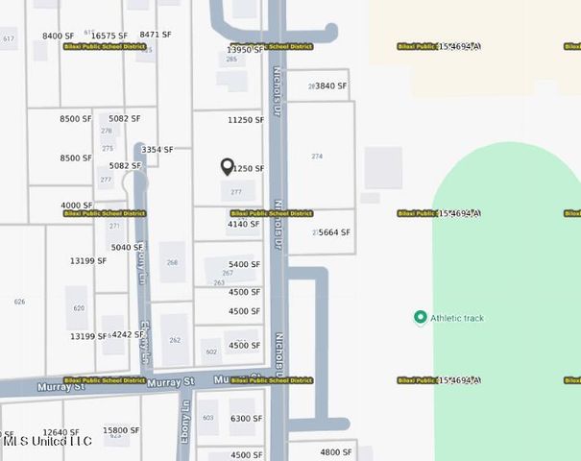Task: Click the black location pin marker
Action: (x=228, y=167)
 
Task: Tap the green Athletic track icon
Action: (x=420, y=318)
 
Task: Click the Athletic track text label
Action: (x=457, y=318)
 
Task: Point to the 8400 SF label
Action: (x=59, y=36)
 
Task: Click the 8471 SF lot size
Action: (x=156, y=35)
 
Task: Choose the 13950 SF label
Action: (x=245, y=49)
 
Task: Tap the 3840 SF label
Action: (x=331, y=85)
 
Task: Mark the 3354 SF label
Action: (x=157, y=150)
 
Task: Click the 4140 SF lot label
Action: (x=244, y=224)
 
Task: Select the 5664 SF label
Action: (x=334, y=232)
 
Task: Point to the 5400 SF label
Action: (x=244, y=264)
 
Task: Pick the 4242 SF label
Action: (x=128, y=335)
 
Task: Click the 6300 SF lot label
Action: (x=246, y=418)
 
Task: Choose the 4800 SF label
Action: (x=336, y=451)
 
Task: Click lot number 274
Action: (x=317, y=156)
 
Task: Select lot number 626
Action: (x=19, y=302)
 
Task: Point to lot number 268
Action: (x=173, y=262)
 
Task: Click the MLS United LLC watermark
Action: (x=47, y=441)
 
